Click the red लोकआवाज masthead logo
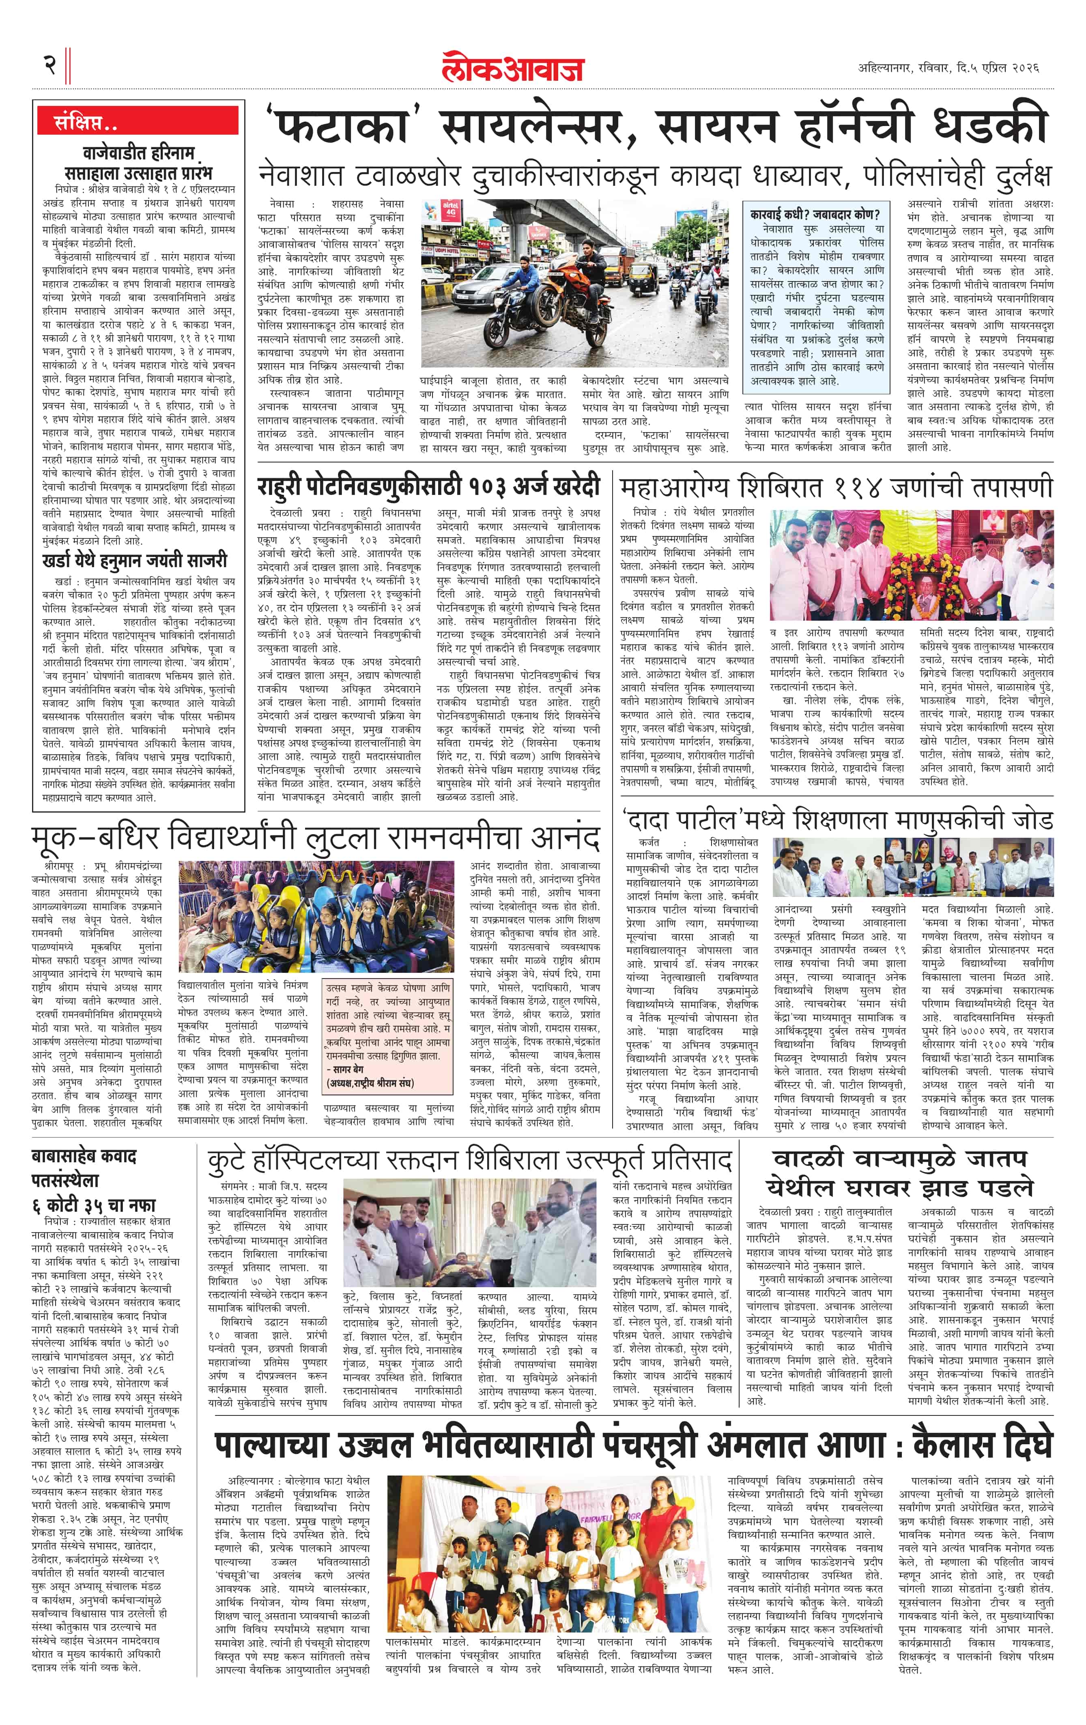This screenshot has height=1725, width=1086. tap(512, 67)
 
